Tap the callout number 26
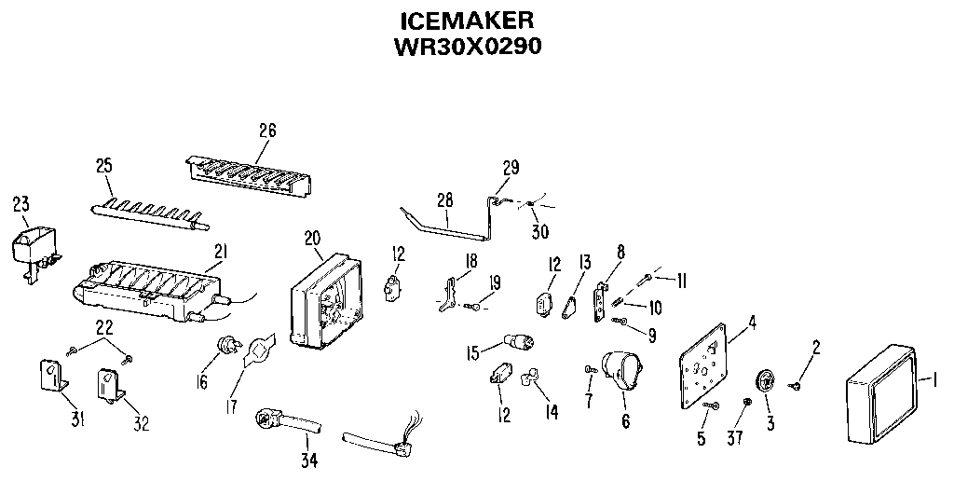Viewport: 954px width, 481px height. pos(267,131)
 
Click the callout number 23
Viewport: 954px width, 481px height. pos(20,202)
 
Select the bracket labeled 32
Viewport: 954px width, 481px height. pos(110,384)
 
